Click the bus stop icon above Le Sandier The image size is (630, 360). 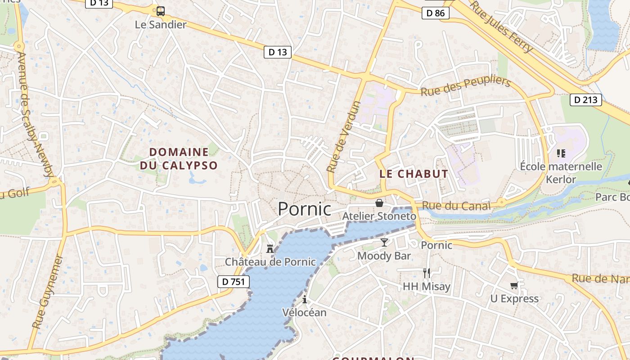pyautogui.click(x=161, y=11)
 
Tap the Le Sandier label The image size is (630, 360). pyautogui.click(x=161, y=25)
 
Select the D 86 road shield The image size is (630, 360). pyautogui.click(x=436, y=13)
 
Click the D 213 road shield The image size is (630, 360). pyautogui.click(x=586, y=99)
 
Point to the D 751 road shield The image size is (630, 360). pyautogui.click(x=233, y=282)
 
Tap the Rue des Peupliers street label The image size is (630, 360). pyautogui.click(x=465, y=86)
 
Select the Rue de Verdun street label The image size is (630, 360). pyautogui.click(x=344, y=137)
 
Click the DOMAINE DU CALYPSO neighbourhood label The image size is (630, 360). pyautogui.click(x=179, y=159)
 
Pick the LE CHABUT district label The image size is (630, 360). pyautogui.click(x=414, y=174)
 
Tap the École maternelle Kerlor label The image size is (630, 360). pyautogui.click(x=561, y=173)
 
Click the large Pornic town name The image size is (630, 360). pyautogui.click(x=304, y=209)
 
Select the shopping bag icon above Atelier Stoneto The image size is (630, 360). pyautogui.click(x=379, y=203)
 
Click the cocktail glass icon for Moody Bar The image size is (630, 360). pyautogui.click(x=384, y=243)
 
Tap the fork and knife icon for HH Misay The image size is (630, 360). pyautogui.click(x=426, y=273)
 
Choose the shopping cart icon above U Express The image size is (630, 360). pyautogui.click(x=514, y=285)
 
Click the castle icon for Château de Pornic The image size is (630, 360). pyautogui.click(x=270, y=248)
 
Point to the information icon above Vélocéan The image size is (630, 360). pyautogui.click(x=305, y=299)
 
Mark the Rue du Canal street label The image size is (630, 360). pyautogui.click(x=456, y=206)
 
